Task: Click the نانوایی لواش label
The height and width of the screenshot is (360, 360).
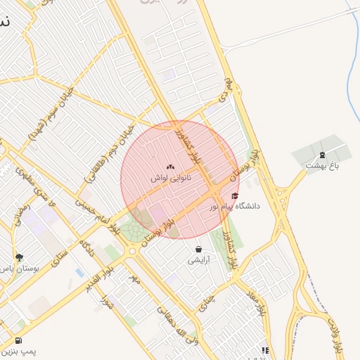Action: click(169, 179)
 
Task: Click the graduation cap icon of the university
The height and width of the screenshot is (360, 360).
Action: click(234, 195)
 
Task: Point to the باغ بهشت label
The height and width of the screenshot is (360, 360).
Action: click(322, 165)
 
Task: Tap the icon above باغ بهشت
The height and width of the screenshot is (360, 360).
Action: click(322, 155)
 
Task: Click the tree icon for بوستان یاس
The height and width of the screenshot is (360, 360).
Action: click(19, 257)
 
